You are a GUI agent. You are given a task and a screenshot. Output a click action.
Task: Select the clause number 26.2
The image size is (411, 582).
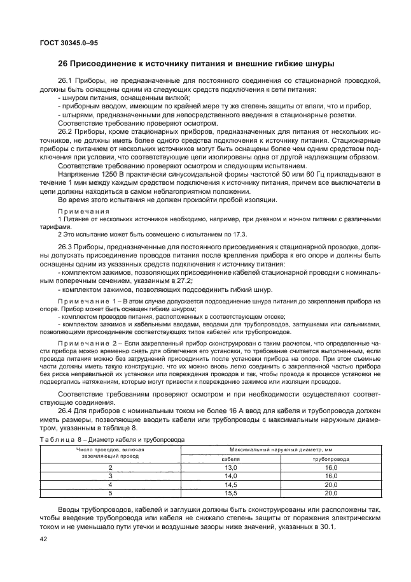point(66,130)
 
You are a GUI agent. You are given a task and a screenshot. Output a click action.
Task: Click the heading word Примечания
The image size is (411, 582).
point(83,210)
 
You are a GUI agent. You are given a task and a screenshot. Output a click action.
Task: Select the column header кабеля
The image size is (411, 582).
point(230,459)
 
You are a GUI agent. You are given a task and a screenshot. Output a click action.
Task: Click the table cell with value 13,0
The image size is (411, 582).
point(230,468)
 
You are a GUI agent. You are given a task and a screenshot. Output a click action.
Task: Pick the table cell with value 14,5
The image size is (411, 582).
point(230,484)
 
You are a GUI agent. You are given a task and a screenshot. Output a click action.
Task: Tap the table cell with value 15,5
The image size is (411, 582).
point(230,493)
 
